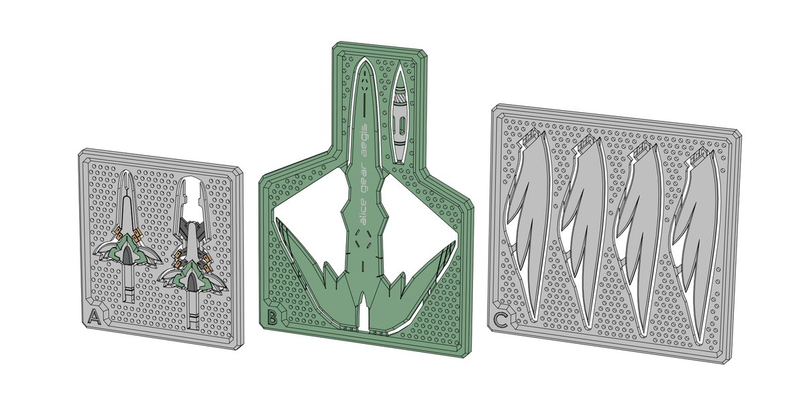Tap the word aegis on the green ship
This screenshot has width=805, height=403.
pyautogui.click(x=364, y=140)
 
